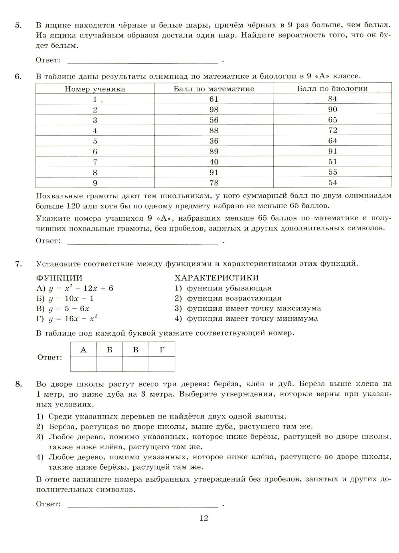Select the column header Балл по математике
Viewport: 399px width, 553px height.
click(x=213, y=89)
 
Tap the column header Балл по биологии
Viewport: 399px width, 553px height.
click(x=332, y=89)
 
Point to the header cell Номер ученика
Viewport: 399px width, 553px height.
click(x=95, y=89)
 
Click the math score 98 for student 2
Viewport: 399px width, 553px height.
click(x=213, y=110)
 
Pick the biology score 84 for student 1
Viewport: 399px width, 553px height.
click(x=332, y=99)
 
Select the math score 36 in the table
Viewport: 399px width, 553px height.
click(x=213, y=141)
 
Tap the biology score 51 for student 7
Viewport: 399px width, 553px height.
click(x=332, y=162)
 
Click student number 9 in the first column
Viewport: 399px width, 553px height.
click(x=95, y=183)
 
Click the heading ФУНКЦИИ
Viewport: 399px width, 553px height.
click(x=59, y=278)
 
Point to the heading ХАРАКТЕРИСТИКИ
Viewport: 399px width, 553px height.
click(x=217, y=278)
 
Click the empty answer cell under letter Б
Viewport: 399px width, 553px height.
click(x=109, y=363)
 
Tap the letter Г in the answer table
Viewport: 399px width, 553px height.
click(x=162, y=350)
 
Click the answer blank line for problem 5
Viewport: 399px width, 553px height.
click(x=143, y=62)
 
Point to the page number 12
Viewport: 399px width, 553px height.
click(x=203, y=518)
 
